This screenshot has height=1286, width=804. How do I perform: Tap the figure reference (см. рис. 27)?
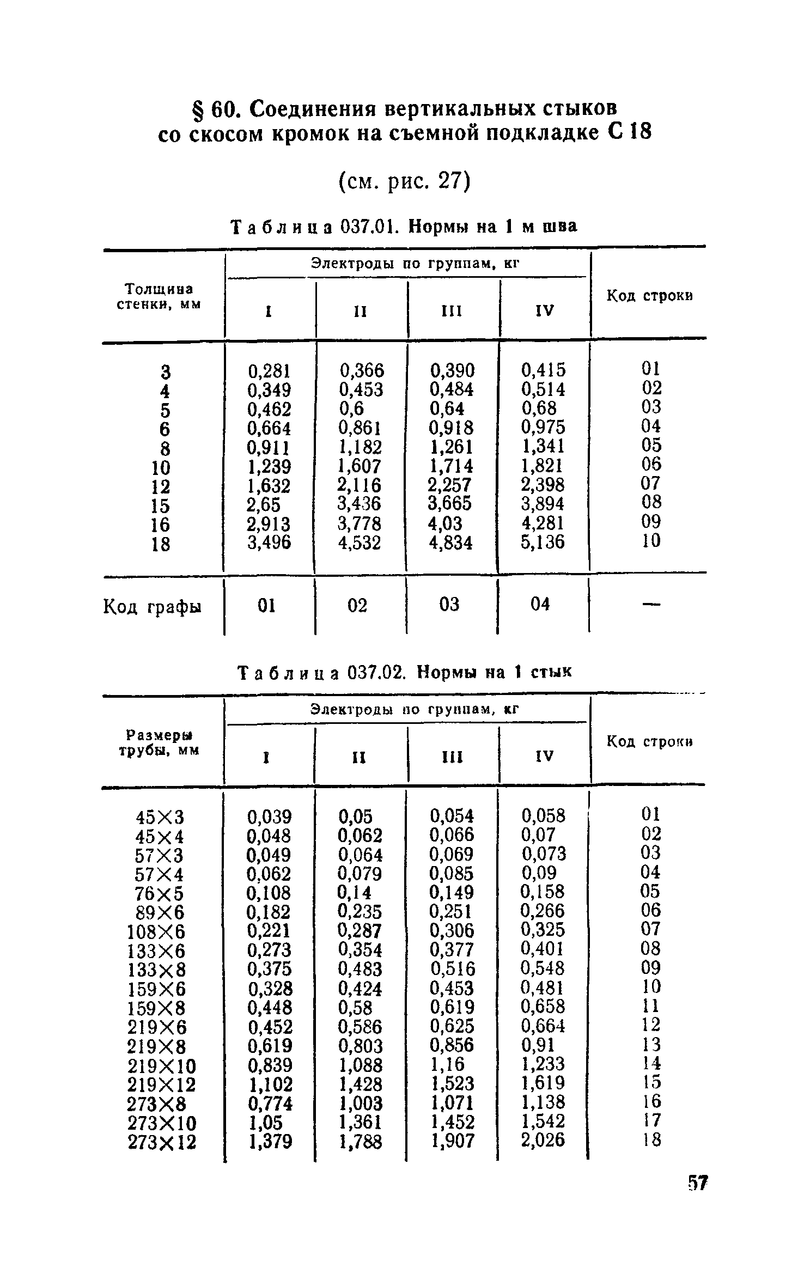404,181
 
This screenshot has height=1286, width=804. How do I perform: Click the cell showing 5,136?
543,542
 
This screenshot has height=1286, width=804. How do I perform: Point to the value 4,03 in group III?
446,523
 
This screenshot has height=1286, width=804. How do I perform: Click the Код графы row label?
152,606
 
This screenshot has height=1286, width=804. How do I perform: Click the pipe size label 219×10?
161,1065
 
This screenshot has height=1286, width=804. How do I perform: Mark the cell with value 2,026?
543,1139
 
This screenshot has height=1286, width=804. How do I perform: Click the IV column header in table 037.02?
545,756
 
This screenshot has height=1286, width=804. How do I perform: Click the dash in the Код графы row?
651,604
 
